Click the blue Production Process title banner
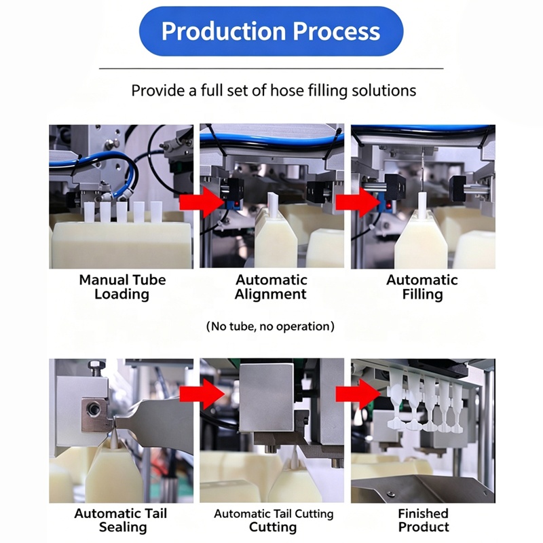271,31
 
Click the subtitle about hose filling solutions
274,91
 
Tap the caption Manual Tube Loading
122,287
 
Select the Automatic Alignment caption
271,287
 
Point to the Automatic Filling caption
422,287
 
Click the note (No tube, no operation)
270,326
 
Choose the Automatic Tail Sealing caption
121,520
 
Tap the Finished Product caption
423,520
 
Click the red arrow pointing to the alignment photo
202,202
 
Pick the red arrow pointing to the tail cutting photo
202,394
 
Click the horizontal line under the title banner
271,69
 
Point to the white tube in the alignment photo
273,206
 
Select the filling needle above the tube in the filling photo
423,170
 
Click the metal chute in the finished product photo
422,488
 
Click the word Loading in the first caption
122,295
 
